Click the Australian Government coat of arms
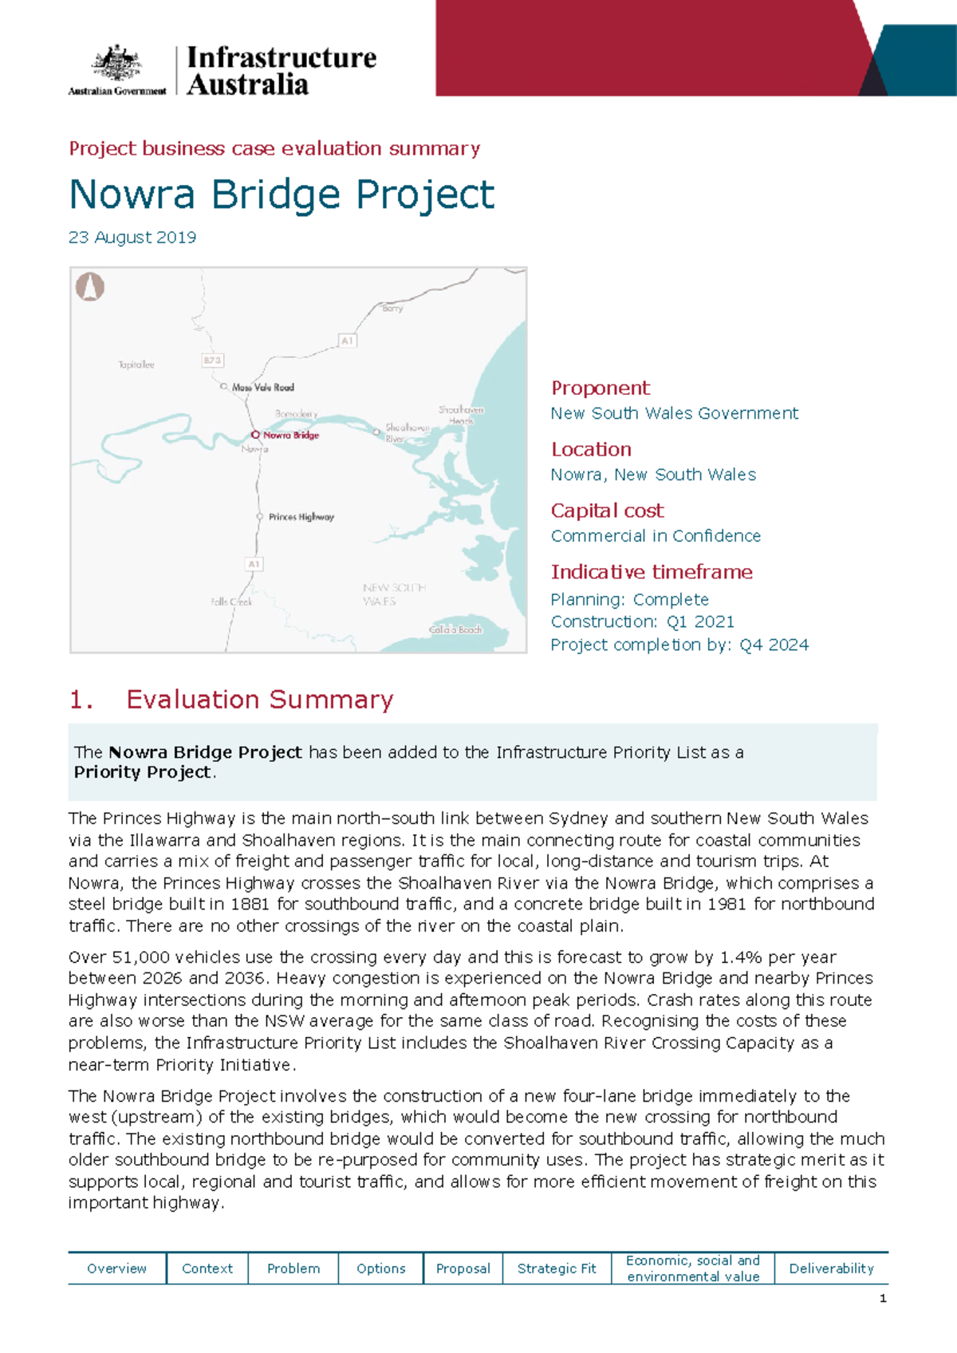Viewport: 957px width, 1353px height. click(x=117, y=63)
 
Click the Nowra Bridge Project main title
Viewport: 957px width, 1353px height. click(x=282, y=195)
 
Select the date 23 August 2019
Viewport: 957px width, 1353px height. click(x=132, y=238)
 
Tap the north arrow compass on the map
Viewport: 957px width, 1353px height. click(x=90, y=286)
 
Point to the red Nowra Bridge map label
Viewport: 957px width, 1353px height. click(x=290, y=436)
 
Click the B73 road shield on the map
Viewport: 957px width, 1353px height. click(x=212, y=361)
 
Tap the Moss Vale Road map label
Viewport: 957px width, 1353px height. click(x=262, y=388)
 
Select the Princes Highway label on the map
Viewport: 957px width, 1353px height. click(x=301, y=517)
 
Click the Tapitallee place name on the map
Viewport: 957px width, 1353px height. click(x=136, y=365)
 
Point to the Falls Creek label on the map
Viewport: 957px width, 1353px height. click(x=231, y=602)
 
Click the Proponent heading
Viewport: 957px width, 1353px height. click(x=601, y=389)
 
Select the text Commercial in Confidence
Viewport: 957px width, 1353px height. click(x=656, y=536)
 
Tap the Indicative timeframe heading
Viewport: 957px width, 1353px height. click(x=652, y=572)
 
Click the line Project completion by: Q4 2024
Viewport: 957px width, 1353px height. click(x=679, y=645)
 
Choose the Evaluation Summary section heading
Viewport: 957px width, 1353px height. click(x=259, y=700)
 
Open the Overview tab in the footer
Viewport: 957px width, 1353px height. click(x=116, y=1268)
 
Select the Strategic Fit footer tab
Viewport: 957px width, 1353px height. click(x=557, y=1268)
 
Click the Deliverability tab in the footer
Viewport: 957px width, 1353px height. click(x=831, y=1268)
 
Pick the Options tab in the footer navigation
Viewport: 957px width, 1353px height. click(x=380, y=1268)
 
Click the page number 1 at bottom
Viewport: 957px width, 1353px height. click(x=883, y=1299)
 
